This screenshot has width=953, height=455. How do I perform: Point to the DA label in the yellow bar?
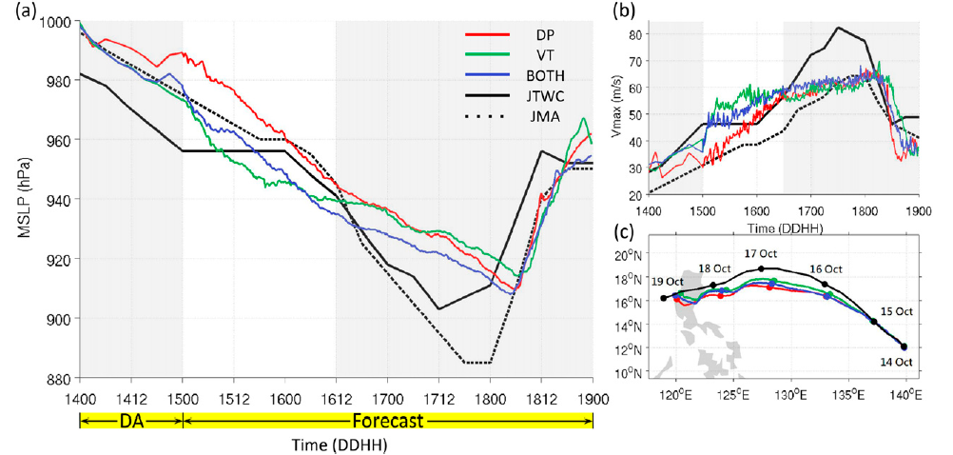130,420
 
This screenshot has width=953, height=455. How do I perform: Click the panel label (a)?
16,11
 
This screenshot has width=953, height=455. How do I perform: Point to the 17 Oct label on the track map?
762,254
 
